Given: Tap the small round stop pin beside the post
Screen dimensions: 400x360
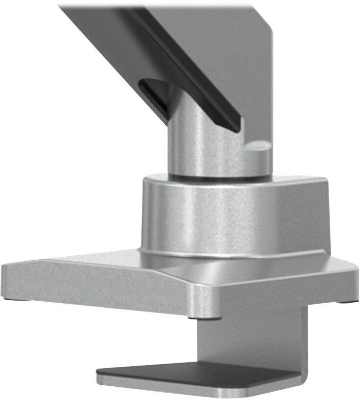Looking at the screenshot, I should (x=258, y=147).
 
